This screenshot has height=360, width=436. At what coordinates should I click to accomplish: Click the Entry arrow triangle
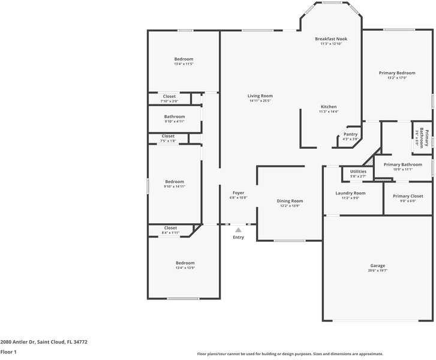[238, 230]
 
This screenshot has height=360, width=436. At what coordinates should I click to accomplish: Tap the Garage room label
[377, 265]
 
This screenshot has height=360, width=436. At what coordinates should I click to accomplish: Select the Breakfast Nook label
[331, 39]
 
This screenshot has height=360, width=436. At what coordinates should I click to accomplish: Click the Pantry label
[350, 134]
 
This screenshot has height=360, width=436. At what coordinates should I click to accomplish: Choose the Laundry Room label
[350, 193]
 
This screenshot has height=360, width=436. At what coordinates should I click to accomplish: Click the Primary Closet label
[408, 196]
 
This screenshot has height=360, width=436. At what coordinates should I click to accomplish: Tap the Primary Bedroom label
[396, 73]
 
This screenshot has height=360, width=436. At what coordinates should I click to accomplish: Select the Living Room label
[260, 96]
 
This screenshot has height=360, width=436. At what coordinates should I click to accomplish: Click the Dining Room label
[290, 201]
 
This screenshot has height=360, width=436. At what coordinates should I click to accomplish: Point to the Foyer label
[238, 193]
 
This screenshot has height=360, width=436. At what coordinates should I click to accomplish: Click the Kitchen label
[328, 107]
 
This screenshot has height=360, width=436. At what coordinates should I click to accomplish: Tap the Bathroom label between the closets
[175, 116]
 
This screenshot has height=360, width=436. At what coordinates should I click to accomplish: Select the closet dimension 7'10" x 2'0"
[170, 101]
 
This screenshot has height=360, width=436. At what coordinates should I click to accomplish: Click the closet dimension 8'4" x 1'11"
[170, 233]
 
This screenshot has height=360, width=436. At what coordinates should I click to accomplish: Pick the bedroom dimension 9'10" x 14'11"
[175, 187]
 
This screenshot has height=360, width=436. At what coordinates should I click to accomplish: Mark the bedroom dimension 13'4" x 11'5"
[184, 64]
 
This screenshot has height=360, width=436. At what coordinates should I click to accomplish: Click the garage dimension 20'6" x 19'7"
[377, 271]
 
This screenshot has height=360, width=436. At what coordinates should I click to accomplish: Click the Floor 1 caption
[8, 352]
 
